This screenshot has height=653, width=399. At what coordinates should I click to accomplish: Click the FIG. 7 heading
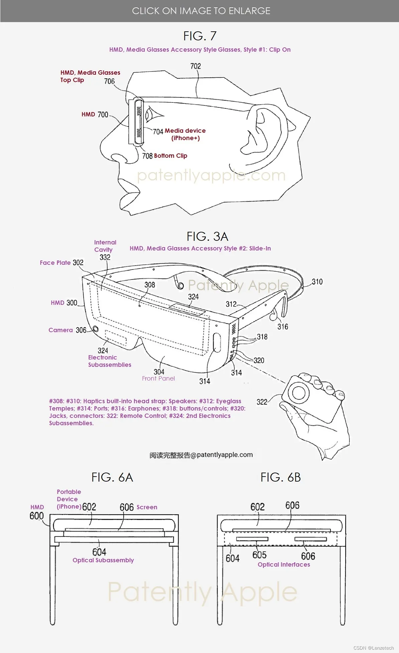pyautogui.click(x=200, y=36)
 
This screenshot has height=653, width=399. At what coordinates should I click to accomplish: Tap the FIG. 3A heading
pyautogui.click(x=208, y=236)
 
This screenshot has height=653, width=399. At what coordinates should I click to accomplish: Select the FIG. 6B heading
pyautogui.click(x=281, y=477)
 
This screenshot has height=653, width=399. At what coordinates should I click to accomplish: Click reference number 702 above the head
pyautogui.click(x=195, y=66)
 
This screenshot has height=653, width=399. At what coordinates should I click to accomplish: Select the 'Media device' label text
pyautogui.click(x=185, y=131)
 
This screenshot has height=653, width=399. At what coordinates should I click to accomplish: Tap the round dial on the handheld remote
pyautogui.click(x=298, y=392)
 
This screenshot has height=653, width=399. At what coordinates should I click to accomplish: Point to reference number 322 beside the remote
pyautogui.click(x=262, y=402)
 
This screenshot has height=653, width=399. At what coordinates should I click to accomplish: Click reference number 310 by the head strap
pyautogui.click(x=317, y=282)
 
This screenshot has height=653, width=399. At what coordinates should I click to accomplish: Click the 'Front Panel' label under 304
pyautogui.click(x=158, y=379)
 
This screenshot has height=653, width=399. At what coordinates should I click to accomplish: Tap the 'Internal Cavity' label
pyautogui.click(x=105, y=246)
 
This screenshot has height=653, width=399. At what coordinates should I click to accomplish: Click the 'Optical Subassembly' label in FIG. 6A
pyautogui.click(x=103, y=560)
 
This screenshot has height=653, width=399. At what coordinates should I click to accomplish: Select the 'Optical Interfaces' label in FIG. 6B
pyautogui.click(x=284, y=565)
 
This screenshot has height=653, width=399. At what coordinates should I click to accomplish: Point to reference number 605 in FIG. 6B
pyautogui.click(x=259, y=555)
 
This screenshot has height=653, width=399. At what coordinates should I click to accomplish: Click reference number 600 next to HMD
pyautogui.click(x=36, y=516)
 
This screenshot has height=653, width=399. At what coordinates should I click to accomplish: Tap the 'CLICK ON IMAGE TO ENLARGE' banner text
pyautogui.click(x=201, y=11)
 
